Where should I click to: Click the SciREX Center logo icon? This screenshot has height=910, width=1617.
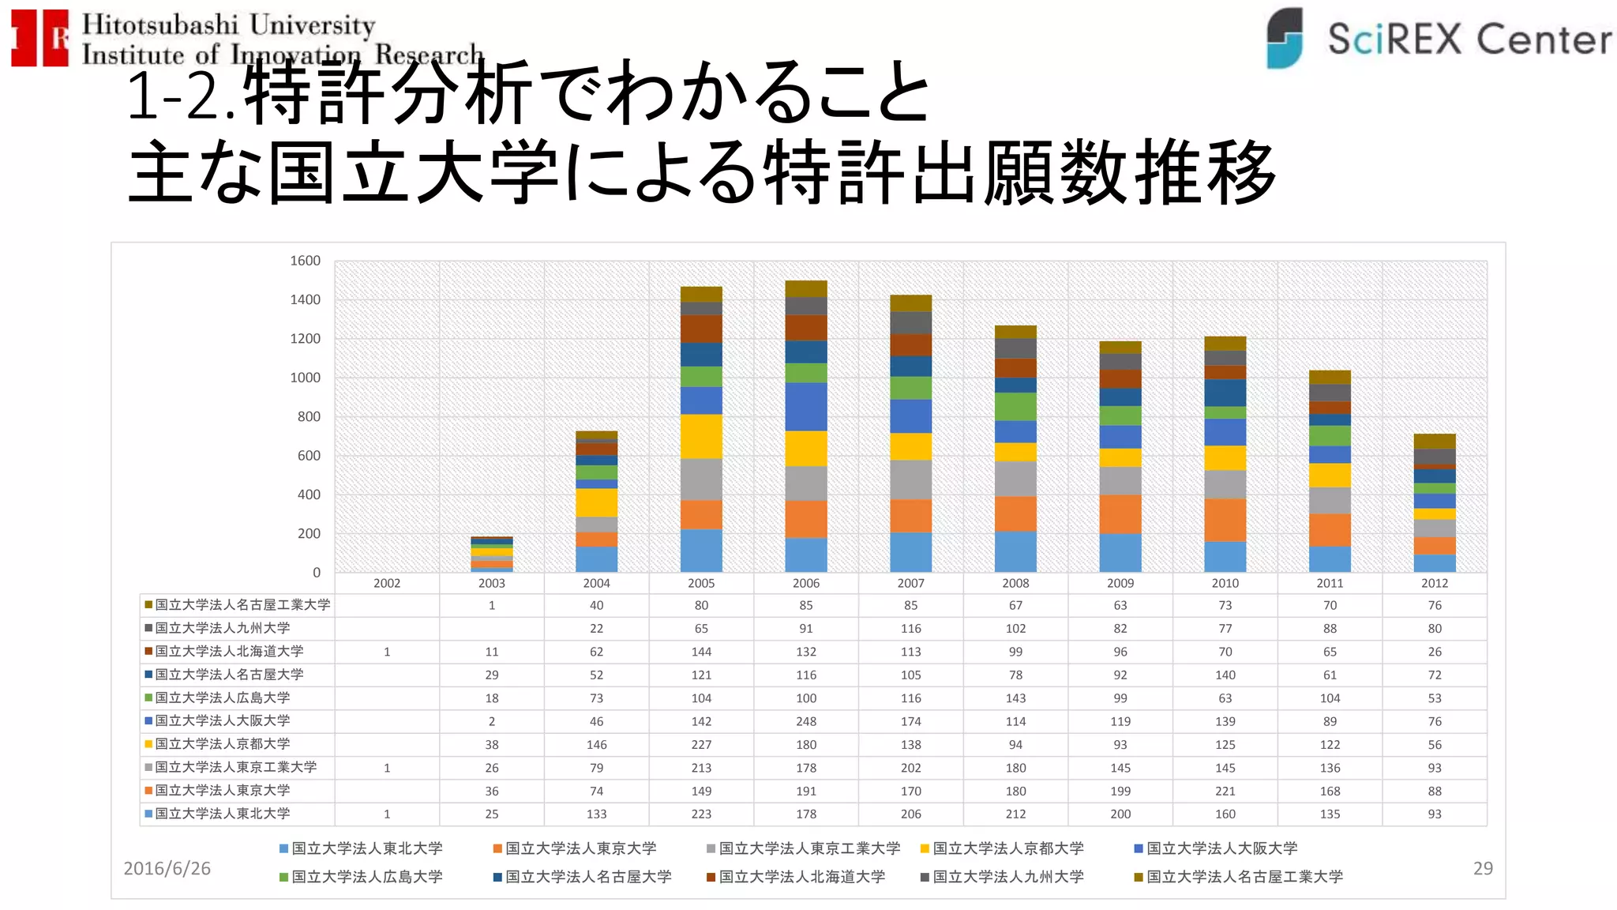click(1285, 38)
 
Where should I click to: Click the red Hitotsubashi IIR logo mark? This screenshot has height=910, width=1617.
click(39, 38)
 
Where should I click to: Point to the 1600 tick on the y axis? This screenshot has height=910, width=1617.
click(305, 261)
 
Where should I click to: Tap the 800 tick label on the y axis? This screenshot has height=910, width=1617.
click(309, 416)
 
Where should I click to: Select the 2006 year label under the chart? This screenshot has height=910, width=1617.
click(805, 583)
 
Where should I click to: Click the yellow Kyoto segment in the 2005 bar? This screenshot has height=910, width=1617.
click(701, 436)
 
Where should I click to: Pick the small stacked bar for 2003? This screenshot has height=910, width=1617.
click(491, 554)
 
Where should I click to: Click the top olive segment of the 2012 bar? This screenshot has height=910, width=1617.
click(1434, 441)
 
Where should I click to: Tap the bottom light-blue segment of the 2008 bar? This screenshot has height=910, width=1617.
click(1015, 551)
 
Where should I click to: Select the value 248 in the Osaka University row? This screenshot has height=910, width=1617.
click(805, 721)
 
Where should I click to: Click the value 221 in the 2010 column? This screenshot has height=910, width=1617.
click(1225, 791)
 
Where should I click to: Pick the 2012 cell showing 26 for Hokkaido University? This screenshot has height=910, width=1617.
click(1434, 652)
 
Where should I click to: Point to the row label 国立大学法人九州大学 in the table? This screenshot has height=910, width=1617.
click(223, 628)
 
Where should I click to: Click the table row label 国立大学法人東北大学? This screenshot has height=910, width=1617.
click(223, 814)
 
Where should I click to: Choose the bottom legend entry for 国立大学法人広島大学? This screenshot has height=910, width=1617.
click(366, 877)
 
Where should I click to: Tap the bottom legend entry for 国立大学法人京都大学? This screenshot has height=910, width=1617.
click(1007, 848)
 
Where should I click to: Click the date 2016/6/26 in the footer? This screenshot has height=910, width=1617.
click(167, 868)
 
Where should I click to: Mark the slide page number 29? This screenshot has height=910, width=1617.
click(1482, 868)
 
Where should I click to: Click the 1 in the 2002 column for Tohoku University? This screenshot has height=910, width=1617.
click(387, 814)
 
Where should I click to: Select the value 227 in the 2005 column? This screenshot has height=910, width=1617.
click(701, 744)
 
